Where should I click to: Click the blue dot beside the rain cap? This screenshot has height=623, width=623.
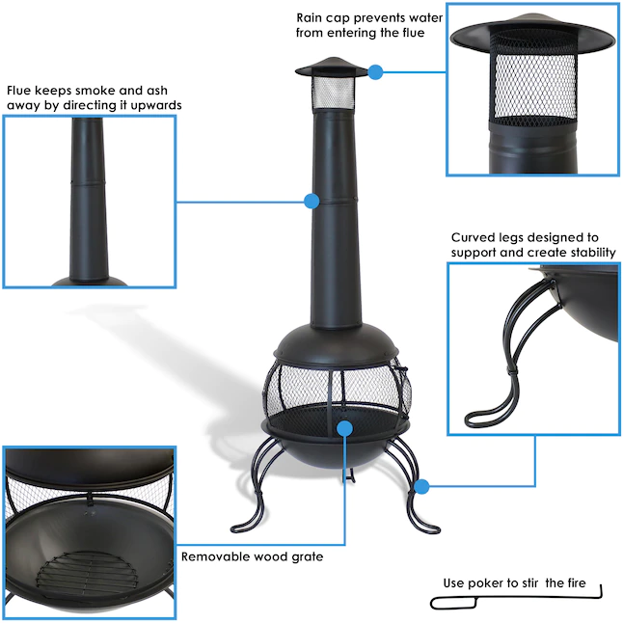click(x=376, y=70)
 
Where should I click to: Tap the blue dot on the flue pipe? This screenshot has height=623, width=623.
click(x=311, y=201)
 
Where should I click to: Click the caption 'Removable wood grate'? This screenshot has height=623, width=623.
click(x=253, y=556)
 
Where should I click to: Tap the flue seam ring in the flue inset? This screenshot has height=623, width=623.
click(x=89, y=180)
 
